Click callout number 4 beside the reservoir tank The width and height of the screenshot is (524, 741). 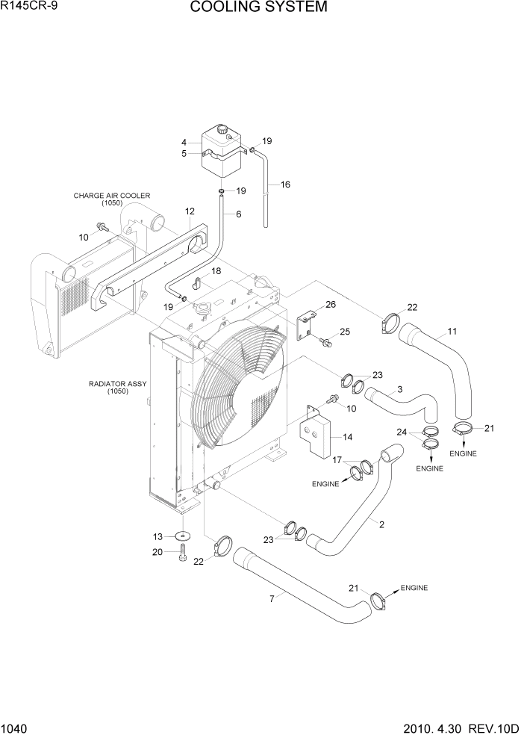click(x=184, y=142)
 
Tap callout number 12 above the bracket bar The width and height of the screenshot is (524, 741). click(x=190, y=211)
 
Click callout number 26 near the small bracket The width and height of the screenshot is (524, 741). click(x=331, y=305)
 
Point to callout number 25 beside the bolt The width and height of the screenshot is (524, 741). click(x=344, y=332)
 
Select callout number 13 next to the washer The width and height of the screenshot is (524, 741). click(x=157, y=536)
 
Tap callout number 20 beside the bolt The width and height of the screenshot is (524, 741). click(x=157, y=552)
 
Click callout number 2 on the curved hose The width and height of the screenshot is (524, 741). click(x=381, y=524)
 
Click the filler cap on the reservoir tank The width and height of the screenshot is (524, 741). click(x=222, y=131)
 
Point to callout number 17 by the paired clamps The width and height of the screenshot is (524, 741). click(x=337, y=461)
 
